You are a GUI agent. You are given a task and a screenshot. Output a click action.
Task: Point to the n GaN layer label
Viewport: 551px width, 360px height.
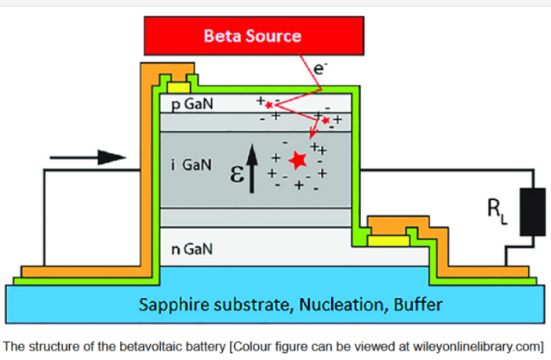tap(191, 249)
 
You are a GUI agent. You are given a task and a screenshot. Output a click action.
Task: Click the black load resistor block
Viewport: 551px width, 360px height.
tap(535, 211)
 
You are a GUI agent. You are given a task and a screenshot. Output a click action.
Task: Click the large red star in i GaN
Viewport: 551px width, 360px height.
tap(297, 161)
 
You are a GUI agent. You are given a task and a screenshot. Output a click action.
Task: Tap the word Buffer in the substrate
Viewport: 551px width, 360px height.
tap(411, 304)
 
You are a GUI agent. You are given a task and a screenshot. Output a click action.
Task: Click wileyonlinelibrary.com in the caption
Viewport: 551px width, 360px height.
tap(479, 345)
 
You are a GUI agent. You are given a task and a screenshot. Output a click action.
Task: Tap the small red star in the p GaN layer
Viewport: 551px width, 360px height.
tap(269, 104)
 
